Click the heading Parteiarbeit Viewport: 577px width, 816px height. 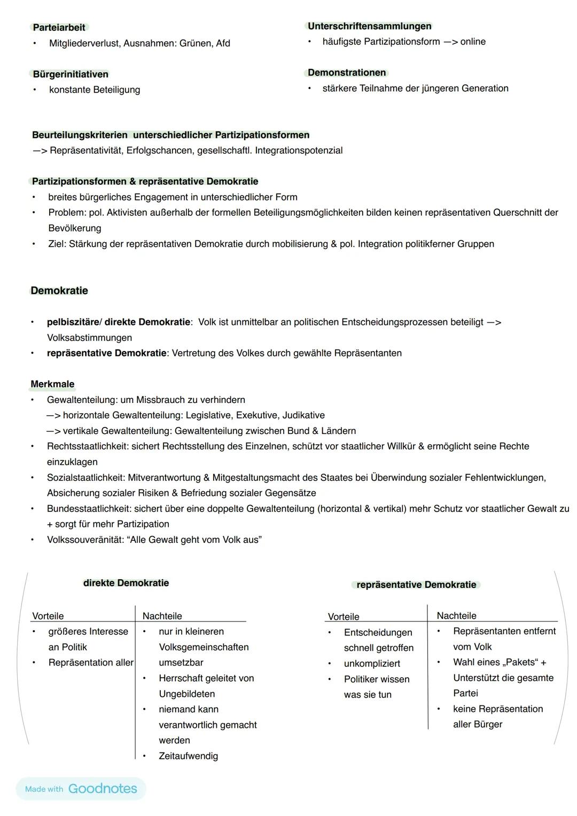pos(59,27)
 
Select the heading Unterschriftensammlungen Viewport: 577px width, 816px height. pos(369,26)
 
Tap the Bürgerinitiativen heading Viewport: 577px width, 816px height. pos(71,74)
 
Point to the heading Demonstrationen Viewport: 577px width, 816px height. pos(347,73)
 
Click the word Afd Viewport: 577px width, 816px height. pos(223,43)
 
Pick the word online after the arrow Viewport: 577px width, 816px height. pos(473,42)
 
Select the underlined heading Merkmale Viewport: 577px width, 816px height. pos(52,384)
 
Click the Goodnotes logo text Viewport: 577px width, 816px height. pos(103,789)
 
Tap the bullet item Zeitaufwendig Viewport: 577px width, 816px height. pos(188,756)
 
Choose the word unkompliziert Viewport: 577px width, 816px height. pos(372,664)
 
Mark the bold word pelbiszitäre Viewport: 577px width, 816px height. pos(73,322)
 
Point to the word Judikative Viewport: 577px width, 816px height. pos(303,415)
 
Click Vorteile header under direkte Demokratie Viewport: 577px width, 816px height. pos(48,616)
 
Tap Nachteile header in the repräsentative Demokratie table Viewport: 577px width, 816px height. pos(456,616)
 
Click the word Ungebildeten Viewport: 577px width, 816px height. pos(186,694)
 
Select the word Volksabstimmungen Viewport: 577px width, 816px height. pos(89,338)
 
